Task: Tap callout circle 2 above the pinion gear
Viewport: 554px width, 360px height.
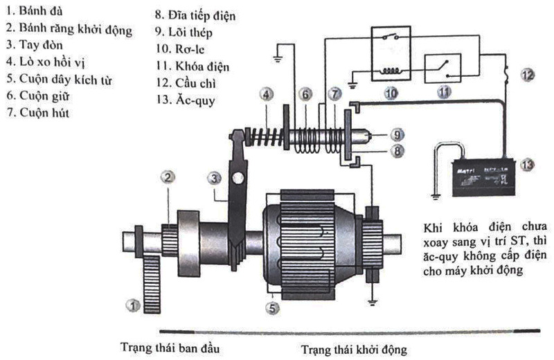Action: pyautogui.click(x=168, y=177)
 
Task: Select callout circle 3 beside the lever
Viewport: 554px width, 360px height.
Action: pyautogui.click(x=217, y=178)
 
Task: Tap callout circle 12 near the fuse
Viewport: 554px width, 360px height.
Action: pyautogui.click(x=528, y=74)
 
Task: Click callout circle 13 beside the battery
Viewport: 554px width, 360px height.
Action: pyautogui.click(x=527, y=164)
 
